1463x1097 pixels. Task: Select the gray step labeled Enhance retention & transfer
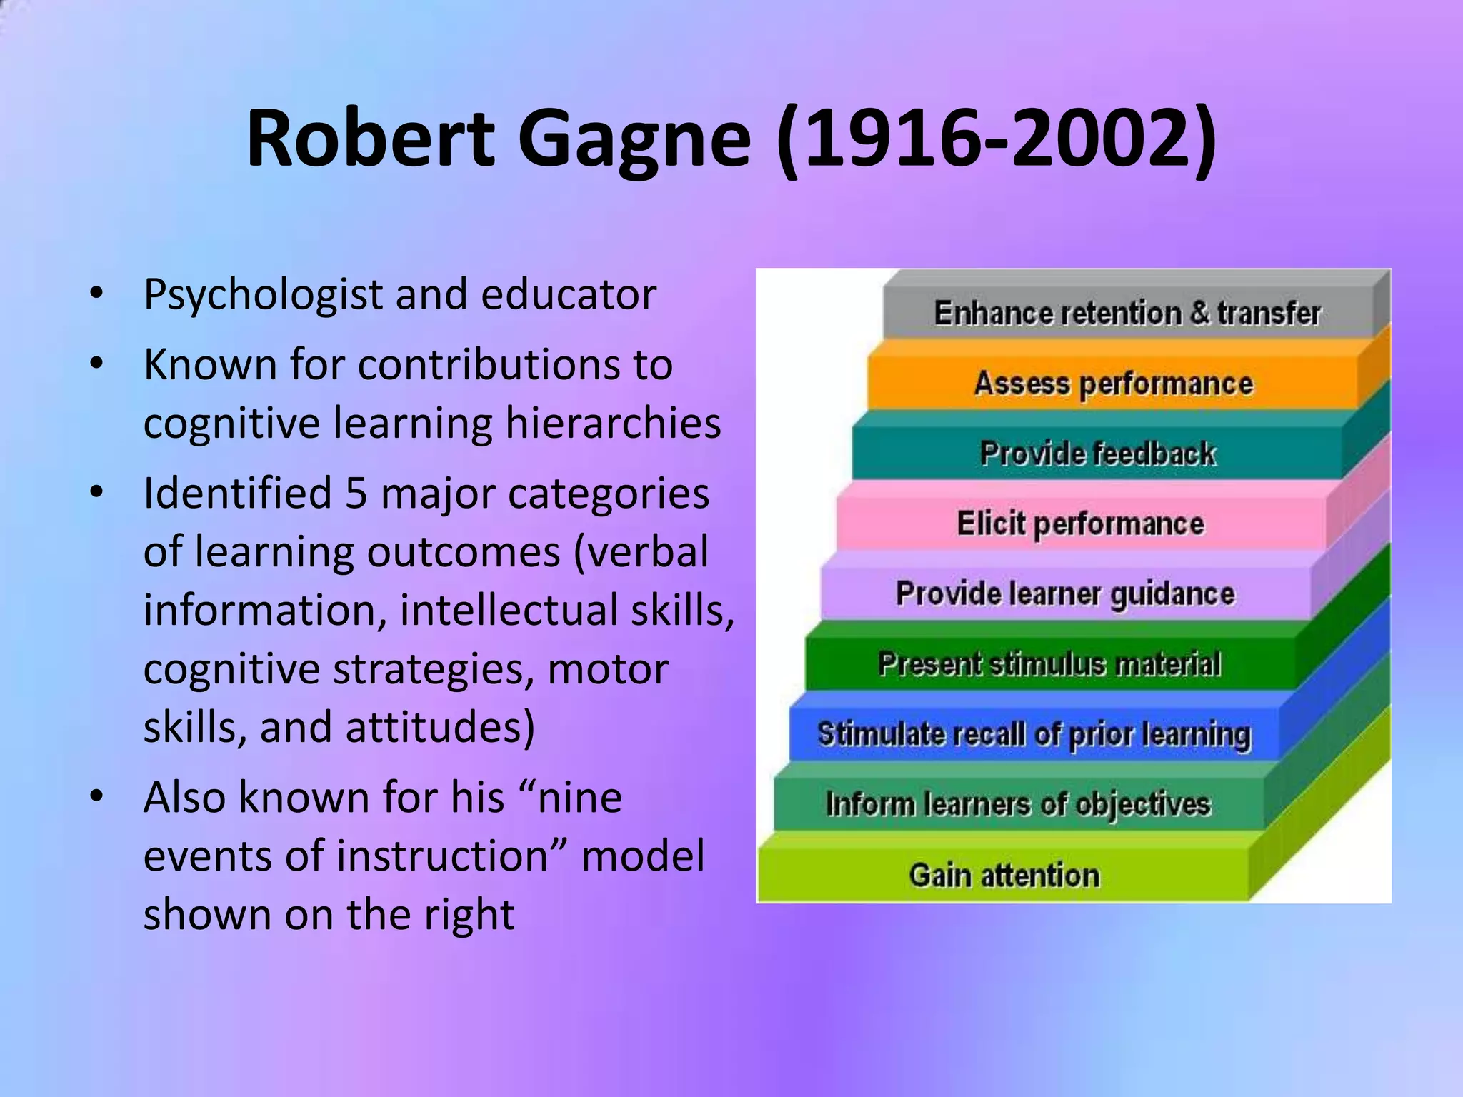1127,313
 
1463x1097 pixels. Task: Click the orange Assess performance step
1113,384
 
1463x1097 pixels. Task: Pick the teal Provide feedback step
1097,454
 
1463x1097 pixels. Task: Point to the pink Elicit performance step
1080,524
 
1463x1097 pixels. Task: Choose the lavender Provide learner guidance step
1064,593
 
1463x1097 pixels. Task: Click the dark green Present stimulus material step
1049,663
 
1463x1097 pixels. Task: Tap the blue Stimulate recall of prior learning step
1034,734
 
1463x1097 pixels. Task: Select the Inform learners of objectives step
1018,804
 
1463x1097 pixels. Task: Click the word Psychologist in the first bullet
263,295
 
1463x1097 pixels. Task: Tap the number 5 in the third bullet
356,494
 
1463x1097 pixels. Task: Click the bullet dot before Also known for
97,796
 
